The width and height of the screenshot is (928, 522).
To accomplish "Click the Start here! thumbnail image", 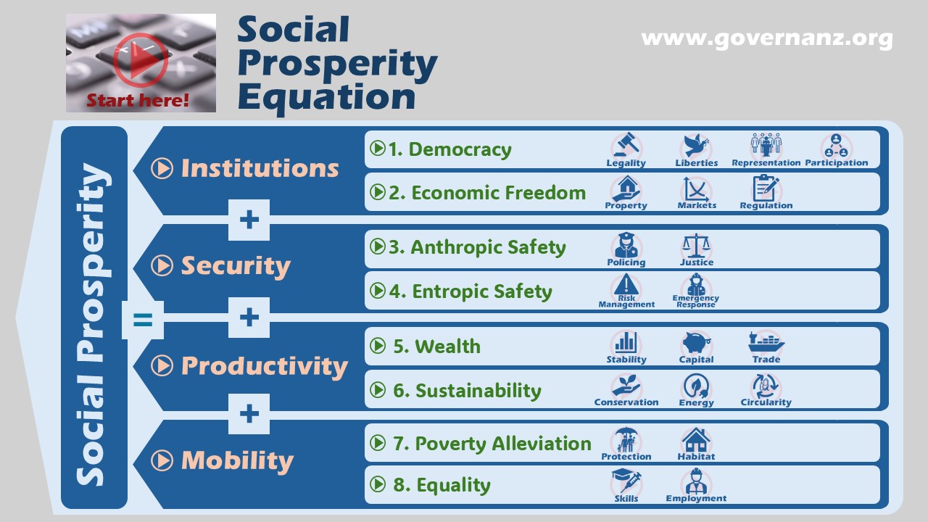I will [x=141, y=63].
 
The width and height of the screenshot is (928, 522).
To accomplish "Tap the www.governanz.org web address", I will [x=766, y=38].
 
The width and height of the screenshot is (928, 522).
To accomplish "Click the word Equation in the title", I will [x=326, y=96].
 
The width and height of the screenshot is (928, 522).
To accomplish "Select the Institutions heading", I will [x=260, y=168].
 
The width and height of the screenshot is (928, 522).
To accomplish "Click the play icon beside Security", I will [x=162, y=266].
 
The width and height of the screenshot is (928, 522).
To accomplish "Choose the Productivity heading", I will [x=264, y=365].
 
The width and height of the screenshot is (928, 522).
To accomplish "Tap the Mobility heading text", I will [x=237, y=460].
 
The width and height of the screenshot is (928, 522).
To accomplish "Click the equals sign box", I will [x=143, y=319].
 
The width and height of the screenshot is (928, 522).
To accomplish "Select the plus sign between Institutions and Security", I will [x=249, y=220].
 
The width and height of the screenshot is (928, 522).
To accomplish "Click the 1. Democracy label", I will [x=449, y=149].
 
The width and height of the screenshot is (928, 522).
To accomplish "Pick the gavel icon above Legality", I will [x=626, y=146].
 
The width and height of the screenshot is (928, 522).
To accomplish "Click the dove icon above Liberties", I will [x=696, y=146].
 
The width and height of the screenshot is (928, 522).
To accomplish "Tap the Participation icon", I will [x=836, y=146].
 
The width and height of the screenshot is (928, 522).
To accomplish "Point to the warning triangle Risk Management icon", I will [x=626, y=285].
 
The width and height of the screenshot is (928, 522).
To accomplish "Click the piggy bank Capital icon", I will [x=696, y=343].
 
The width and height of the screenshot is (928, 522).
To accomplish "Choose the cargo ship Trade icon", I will [x=766, y=342].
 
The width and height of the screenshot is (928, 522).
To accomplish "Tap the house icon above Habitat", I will [x=696, y=440].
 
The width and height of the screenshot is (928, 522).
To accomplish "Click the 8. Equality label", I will [x=442, y=485].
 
